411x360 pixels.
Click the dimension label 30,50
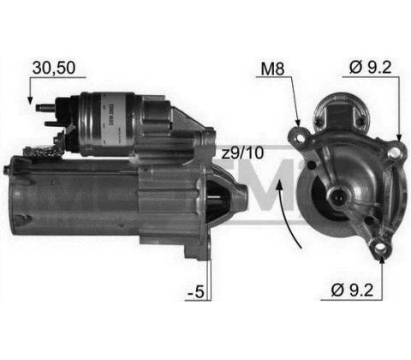54,68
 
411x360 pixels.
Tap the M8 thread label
272,69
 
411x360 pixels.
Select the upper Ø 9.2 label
370,67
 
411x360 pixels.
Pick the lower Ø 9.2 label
352,290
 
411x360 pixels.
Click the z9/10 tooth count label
242,153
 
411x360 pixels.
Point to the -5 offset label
196,291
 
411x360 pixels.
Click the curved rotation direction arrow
287,213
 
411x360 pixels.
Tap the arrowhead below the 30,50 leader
30,100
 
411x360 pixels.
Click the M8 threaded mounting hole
301,138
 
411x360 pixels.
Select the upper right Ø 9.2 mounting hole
396,153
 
